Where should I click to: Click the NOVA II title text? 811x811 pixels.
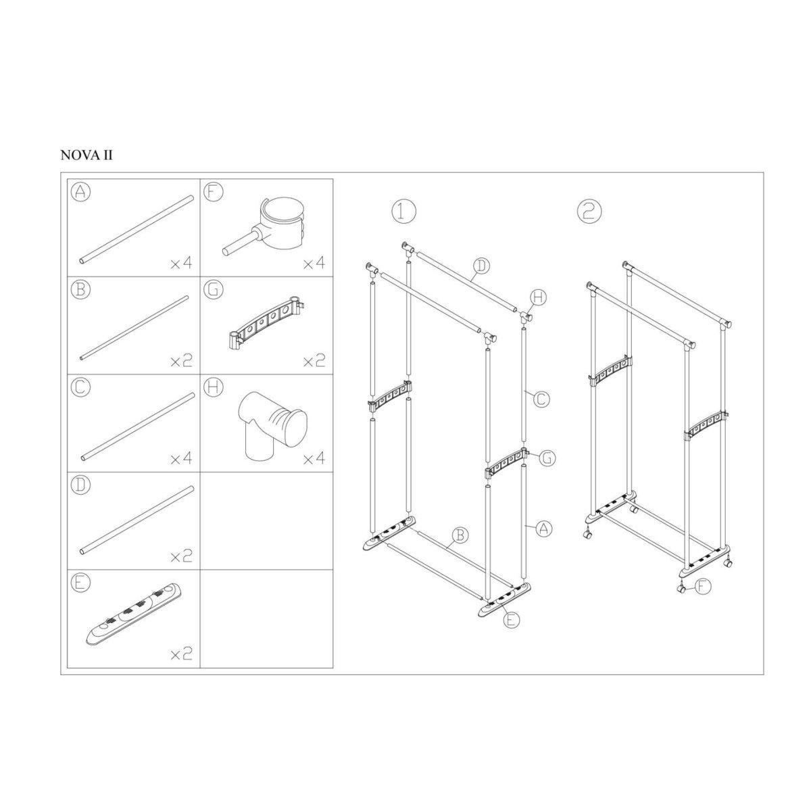pyautogui.click(x=87, y=155)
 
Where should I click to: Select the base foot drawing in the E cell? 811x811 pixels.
pyautogui.click(x=134, y=614)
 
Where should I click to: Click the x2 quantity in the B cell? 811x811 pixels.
pyautogui.click(x=180, y=360)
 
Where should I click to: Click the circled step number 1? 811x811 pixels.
pyautogui.click(x=403, y=211)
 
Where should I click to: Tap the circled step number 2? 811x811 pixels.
pyautogui.click(x=589, y=211)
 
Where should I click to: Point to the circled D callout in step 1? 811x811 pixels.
pyautogui.click(x=479, y=266)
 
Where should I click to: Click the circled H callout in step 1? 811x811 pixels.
pyautogui.click(x=537, y=297)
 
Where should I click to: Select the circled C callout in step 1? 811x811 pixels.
pyautogui.click(x=539, y=400)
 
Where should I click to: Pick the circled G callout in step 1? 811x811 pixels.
pyautogui.click(x=547, y=458)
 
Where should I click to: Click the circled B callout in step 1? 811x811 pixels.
pyautogui.click(x=460, y=535)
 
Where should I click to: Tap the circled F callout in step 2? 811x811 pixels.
pyautogui.click(x=703, y=587)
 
